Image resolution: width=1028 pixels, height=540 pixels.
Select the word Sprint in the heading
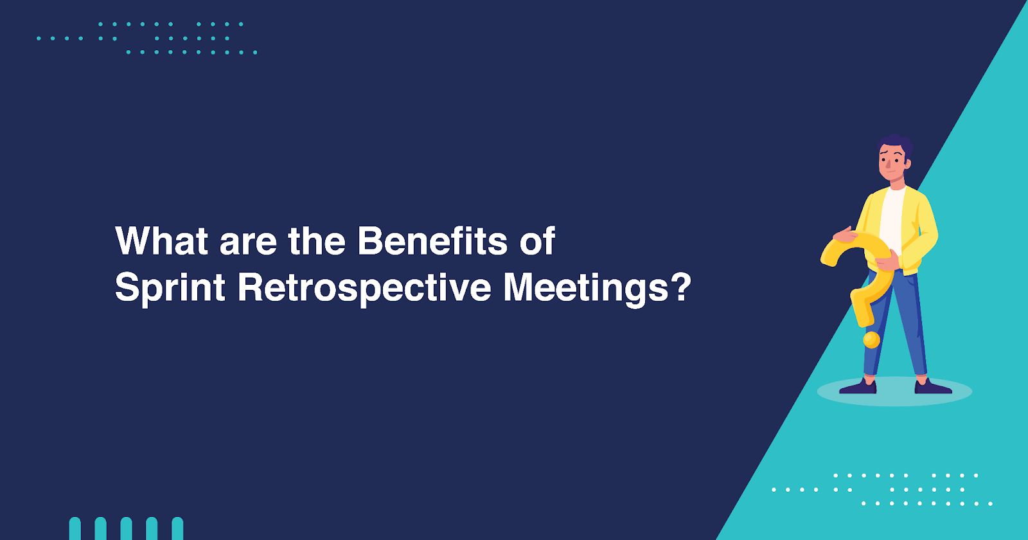pos(170,287)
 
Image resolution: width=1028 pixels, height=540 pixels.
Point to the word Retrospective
pos(364,287)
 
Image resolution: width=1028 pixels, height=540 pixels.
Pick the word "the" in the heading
pos(317,241)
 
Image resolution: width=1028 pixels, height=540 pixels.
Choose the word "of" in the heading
pos(537,241)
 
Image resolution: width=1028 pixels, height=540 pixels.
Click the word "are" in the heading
pos(247,242)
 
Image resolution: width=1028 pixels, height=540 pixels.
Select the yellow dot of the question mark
pos(871,339)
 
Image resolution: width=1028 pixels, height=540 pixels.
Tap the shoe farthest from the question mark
pos(932,387)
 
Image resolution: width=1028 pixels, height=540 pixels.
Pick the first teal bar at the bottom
pos(75,528)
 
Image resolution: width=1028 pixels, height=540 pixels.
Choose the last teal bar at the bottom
pos(177,528)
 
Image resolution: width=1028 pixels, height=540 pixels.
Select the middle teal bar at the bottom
pos(127,528)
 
